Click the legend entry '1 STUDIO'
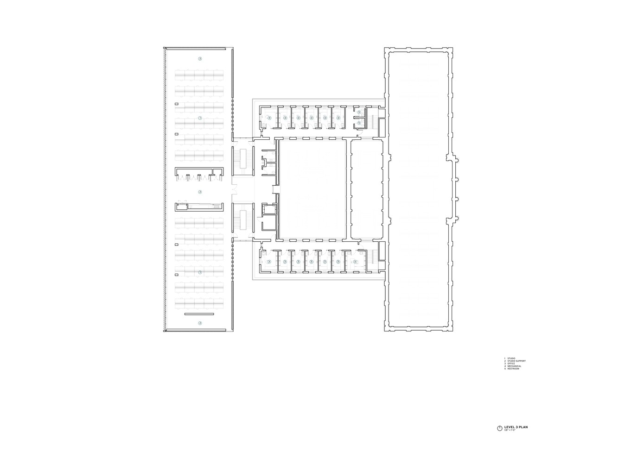tap(510, 358)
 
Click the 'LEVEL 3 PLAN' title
tap(516, 427)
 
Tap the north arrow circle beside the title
tap(499, 428)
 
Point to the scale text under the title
tap(510, 431)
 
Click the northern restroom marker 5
tap(359, 113)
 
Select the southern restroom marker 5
tap(359, 123)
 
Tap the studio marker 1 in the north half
tap(200, 119)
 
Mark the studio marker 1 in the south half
tap(200, 272)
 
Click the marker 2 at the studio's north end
tap(200, 59)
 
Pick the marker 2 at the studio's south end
tap(200, 323)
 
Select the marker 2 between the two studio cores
tap(200, 192)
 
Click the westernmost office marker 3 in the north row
tap(269, 118)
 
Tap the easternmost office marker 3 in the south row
tap(355, 262)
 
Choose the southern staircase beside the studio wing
tap(242, 220)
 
